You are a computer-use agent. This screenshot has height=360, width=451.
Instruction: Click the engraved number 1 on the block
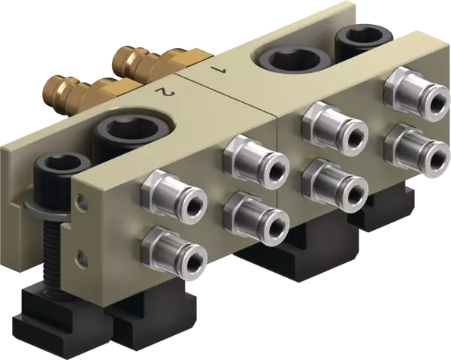pyautogui.click(x=218, y=71)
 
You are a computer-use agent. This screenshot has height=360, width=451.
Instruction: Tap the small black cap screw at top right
pyautogui.click(x=364, y=42)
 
